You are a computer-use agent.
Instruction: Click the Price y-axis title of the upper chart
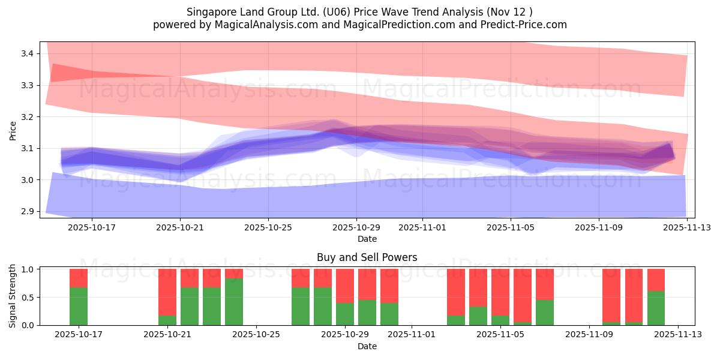(13, 130)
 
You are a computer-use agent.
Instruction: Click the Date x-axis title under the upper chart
(367, 239)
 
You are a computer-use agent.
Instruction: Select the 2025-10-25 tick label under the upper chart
(268, 227)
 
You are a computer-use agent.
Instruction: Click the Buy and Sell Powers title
(367, 257)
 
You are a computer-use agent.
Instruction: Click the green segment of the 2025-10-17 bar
(79, 306)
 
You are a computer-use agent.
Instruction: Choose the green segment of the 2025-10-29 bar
(345, 314)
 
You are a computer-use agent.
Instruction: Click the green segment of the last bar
(656, 308)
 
